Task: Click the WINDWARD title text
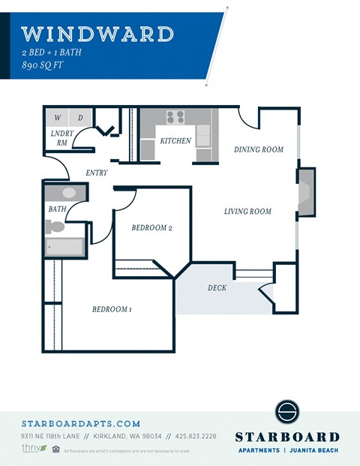point(97,34)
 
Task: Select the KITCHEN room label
point(175,141)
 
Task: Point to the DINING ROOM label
point(258,149)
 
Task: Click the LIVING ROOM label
point(247,212)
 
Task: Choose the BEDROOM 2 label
point(152,228)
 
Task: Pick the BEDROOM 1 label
point(112,309)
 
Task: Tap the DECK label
point(218,287)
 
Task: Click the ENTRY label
point(97,173)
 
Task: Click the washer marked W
point(57,118)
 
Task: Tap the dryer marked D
point(80,118)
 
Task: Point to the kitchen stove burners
point(175,117)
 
